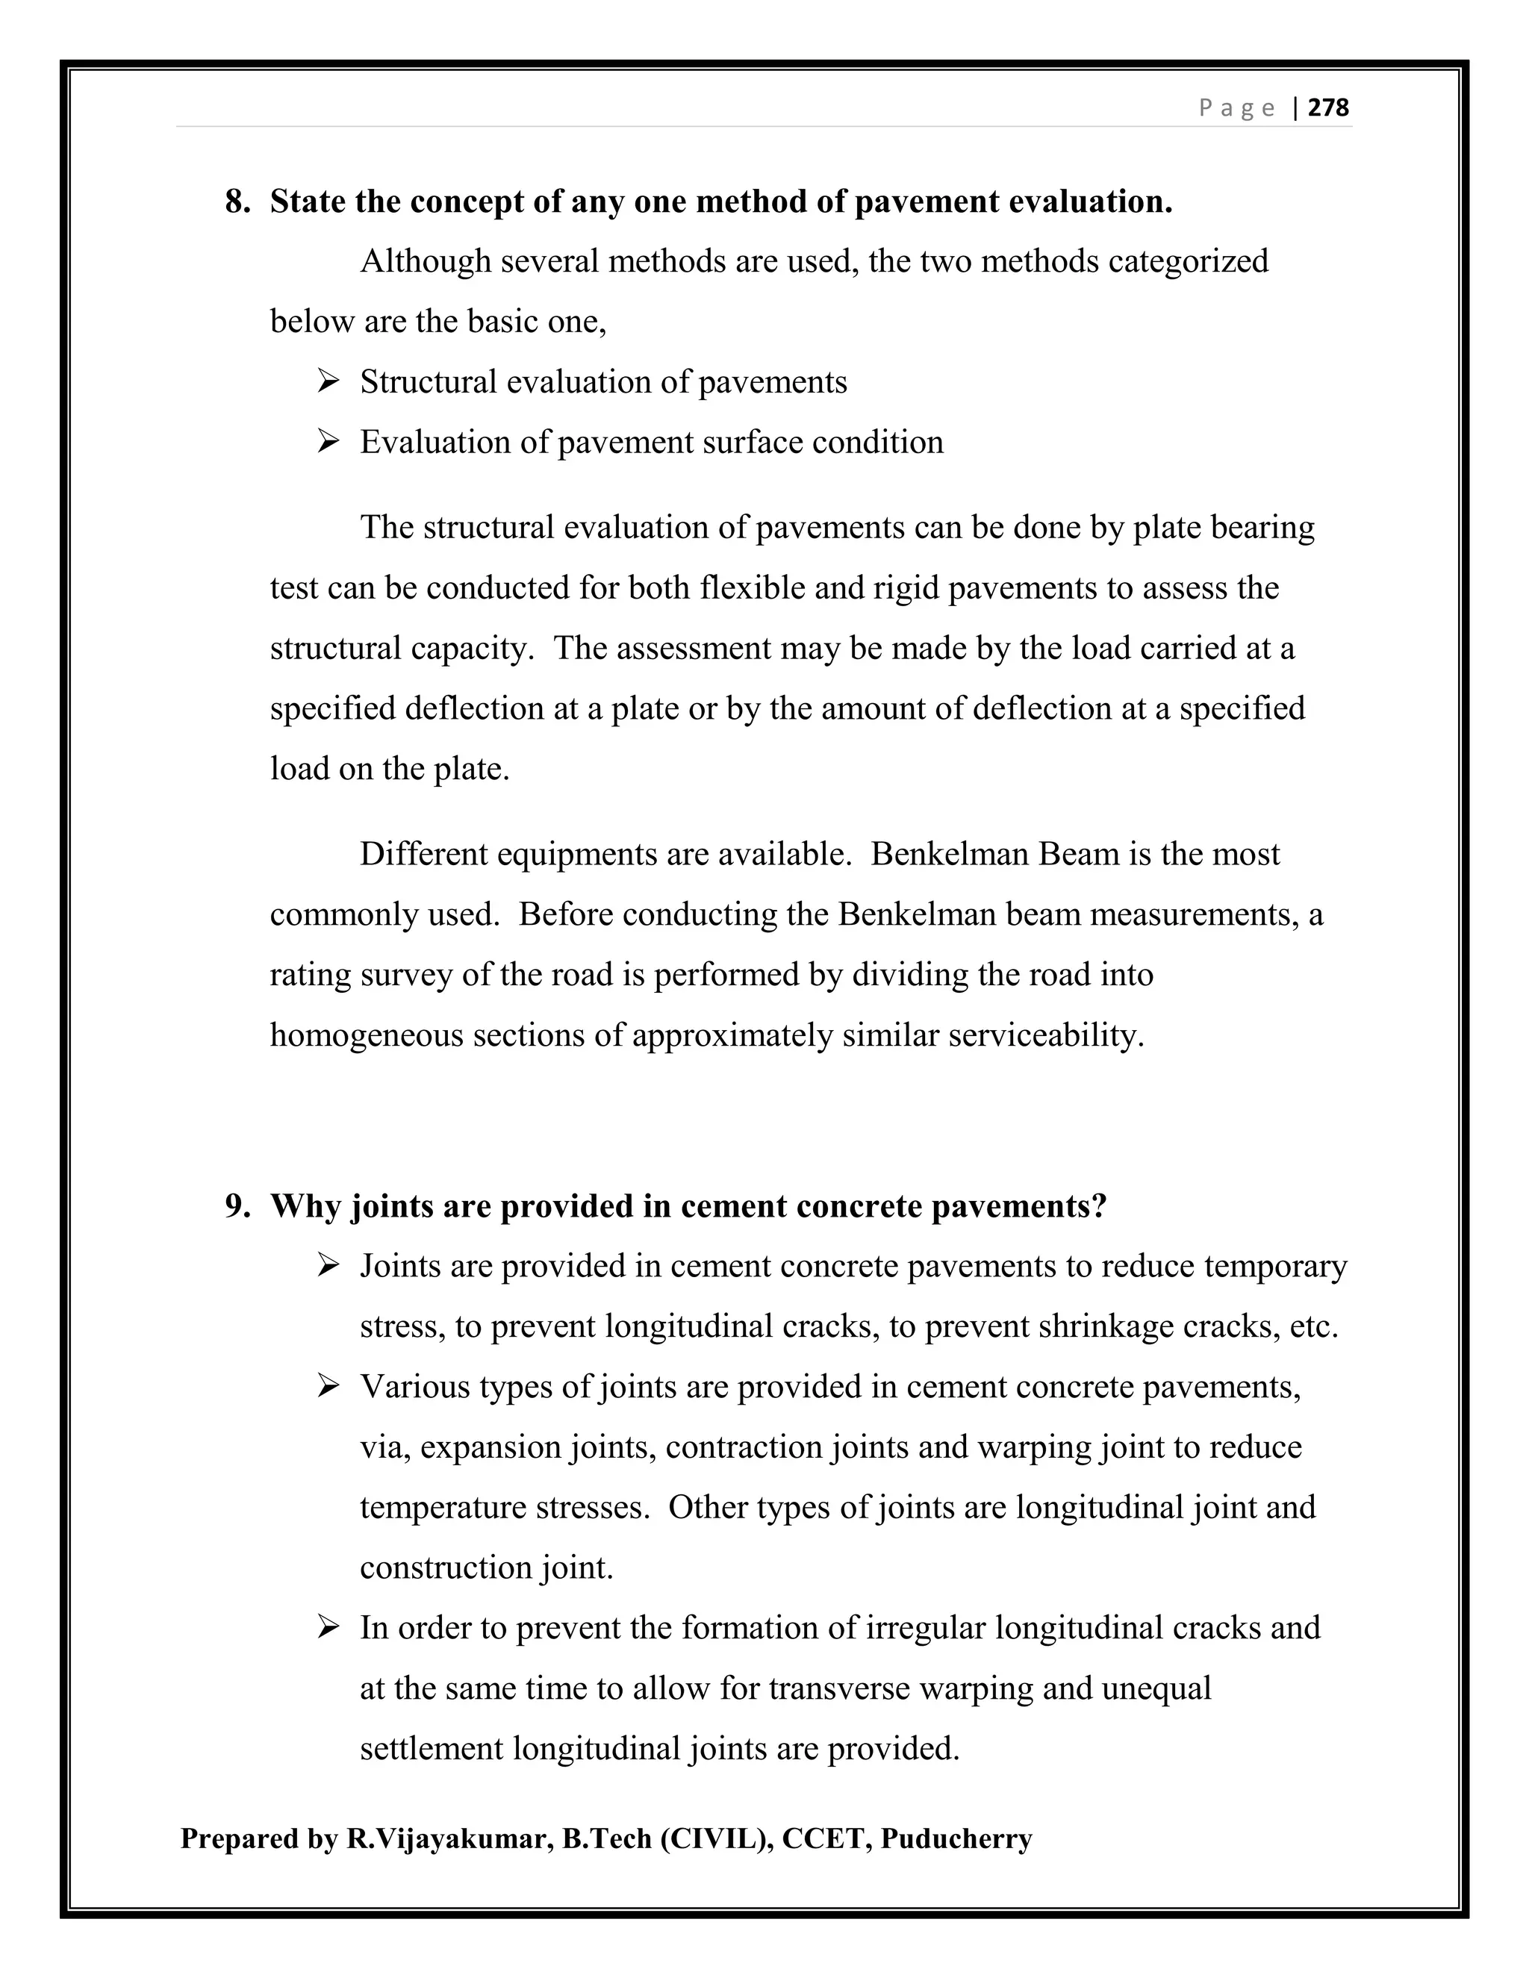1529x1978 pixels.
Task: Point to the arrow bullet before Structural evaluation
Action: [x=328, y=381]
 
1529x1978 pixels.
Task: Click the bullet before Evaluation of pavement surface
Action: [x=328, y=442]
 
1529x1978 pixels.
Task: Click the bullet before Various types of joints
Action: [x=328, y=1387]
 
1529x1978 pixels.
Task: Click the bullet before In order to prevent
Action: [x=328, y=1627]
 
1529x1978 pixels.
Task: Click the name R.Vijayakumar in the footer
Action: [x=449, y=1838]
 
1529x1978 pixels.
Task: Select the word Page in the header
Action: [x=1236, y=109]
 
